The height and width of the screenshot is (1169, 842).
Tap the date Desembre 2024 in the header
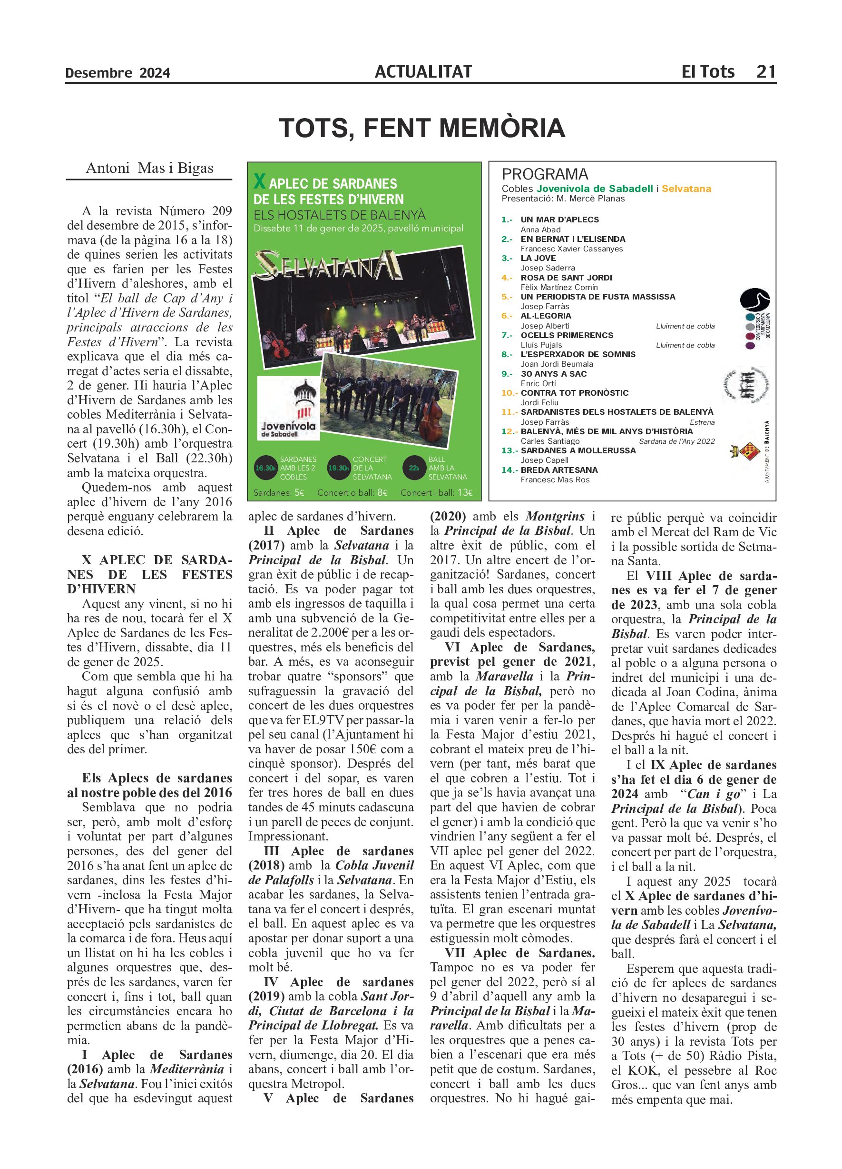[x=117, y=73]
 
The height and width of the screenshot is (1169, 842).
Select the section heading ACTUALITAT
[x=423, y=71]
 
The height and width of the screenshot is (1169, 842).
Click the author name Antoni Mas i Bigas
[x=149, y=168]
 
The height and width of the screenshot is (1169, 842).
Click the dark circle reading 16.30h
[x=266, y=468]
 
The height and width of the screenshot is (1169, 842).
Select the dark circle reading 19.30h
[x=339, y=468]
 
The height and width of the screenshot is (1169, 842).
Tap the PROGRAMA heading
[x=545, y=174]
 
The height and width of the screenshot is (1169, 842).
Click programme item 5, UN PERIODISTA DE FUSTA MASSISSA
[x=597, y=296]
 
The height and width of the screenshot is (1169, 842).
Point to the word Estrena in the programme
[x=702, y=422]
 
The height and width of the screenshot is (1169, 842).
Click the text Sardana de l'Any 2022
[x=676, y=441]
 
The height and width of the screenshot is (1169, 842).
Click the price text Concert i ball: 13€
[x=436, y=492]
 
